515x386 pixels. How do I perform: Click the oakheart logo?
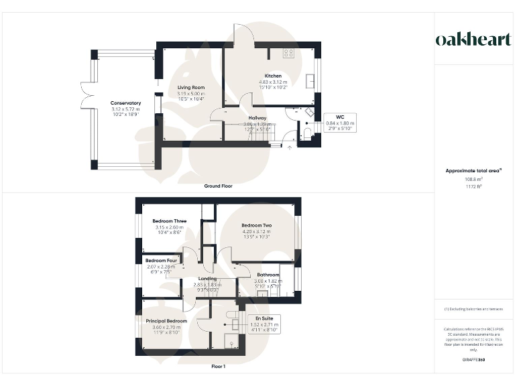tap(473, 40)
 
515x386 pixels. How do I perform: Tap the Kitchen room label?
tap(273, 75)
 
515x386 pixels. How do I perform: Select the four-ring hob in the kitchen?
tap(290, 53)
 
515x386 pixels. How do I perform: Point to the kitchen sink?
tap(310, 80)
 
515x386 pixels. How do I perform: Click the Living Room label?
tap(190, 88)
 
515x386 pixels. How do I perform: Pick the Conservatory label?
tap(125, 103)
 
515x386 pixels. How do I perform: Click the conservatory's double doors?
tap(84, 94)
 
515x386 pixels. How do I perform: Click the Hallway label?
tap(258, 117)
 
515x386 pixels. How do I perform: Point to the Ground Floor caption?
tap(219, 186)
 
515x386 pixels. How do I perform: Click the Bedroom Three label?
tap(169, 221)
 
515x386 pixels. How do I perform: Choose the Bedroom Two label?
tap(256, 225)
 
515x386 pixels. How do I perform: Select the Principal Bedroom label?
tap(166, 321)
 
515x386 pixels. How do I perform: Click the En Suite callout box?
tap(264, 324)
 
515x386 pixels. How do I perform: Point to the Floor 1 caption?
tap(219, 367)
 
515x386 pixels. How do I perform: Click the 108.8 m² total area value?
tap(473, 180)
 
